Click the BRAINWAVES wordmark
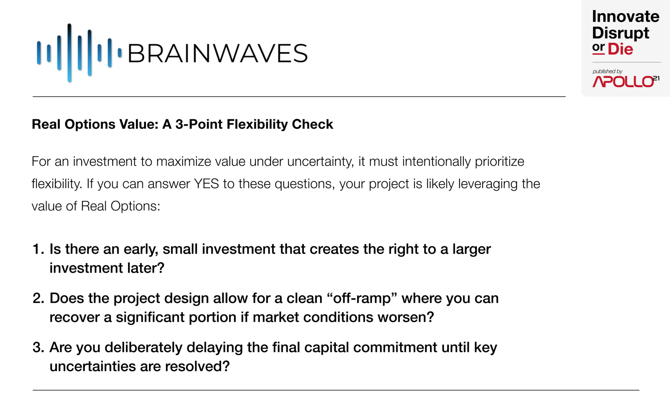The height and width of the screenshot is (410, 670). click(x=218, y=53)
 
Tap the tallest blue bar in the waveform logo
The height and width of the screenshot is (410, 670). click(x=69, y=53)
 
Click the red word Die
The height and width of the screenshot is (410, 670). click(x=620, y=49)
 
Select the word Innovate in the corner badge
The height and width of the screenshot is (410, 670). click(x=626, y=16)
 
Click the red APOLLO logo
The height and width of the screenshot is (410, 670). click(x=626, y=81)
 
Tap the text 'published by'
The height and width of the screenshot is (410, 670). click(x=607, y=71)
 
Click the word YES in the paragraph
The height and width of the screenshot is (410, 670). click(x=206, y=184)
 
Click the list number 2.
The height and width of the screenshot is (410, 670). click(x=38, y=298)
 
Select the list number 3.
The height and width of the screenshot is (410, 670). click(x=38, y=347)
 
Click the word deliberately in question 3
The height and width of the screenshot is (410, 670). click(x=143, y=347)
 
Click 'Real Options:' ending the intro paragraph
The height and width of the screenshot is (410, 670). click(x=120, y=206)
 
